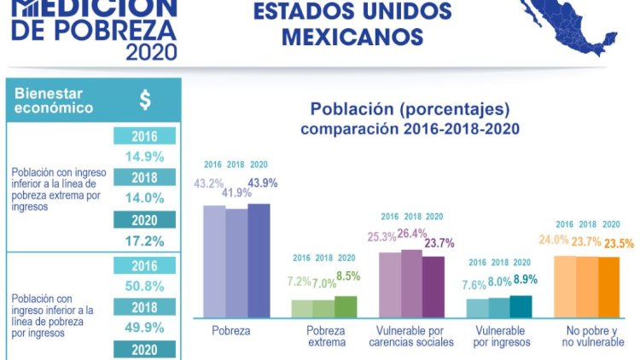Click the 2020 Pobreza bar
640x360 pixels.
coord(259,260)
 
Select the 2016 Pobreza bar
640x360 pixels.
coord(214,261)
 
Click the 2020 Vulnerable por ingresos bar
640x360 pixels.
coord(520,306)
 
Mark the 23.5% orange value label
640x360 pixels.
coord(619,243)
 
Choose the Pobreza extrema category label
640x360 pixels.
coord(327,335)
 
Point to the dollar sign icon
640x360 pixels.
coord(145,100)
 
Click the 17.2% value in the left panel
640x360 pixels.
coord(144,241)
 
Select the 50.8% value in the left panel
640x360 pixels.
coord(144,286)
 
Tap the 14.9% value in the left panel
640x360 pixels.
coord(144,156)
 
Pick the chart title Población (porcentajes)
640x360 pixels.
coord(410,110)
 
